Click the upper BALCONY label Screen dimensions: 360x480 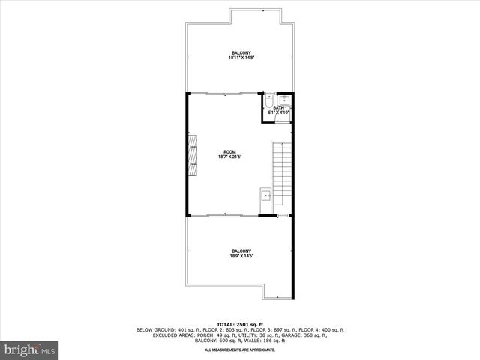point(241,52)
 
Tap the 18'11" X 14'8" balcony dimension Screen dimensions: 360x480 point(241,58)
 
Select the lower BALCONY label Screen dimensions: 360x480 point(241,250)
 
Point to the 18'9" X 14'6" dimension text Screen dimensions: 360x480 point(241,256)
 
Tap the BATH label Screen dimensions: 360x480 point(279,108)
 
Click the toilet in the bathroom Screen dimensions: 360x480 point(269,100)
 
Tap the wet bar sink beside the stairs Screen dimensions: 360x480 point(265,196)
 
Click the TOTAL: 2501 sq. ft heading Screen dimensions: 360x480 point(240,324)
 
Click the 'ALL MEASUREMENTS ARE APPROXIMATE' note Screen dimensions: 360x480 point(240,349)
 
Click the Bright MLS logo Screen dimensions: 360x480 point(30,349)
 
